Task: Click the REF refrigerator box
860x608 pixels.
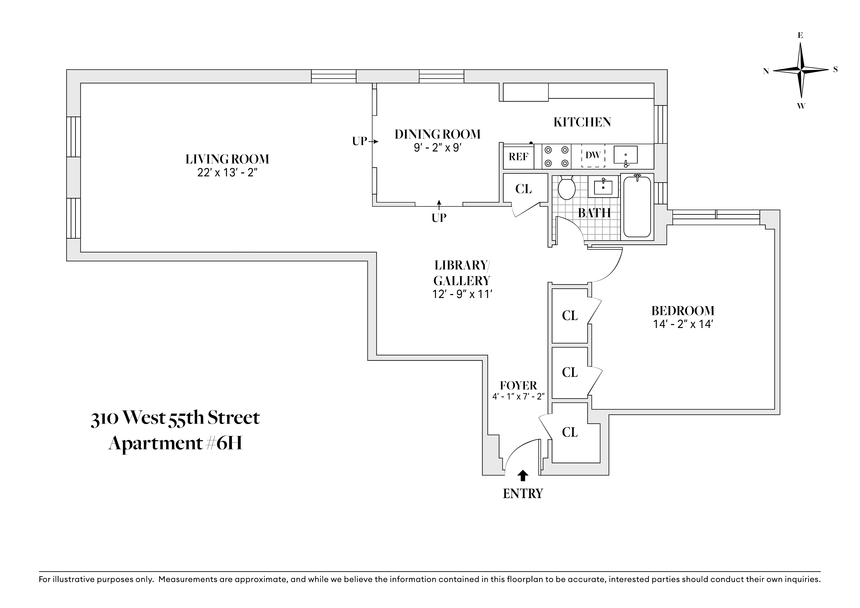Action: [518, 157]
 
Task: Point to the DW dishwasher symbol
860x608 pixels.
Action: [593, 155]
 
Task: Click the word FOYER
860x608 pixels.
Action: [518, 386]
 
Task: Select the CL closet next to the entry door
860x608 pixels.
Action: [570, 432]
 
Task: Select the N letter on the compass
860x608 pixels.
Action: [766, 71]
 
